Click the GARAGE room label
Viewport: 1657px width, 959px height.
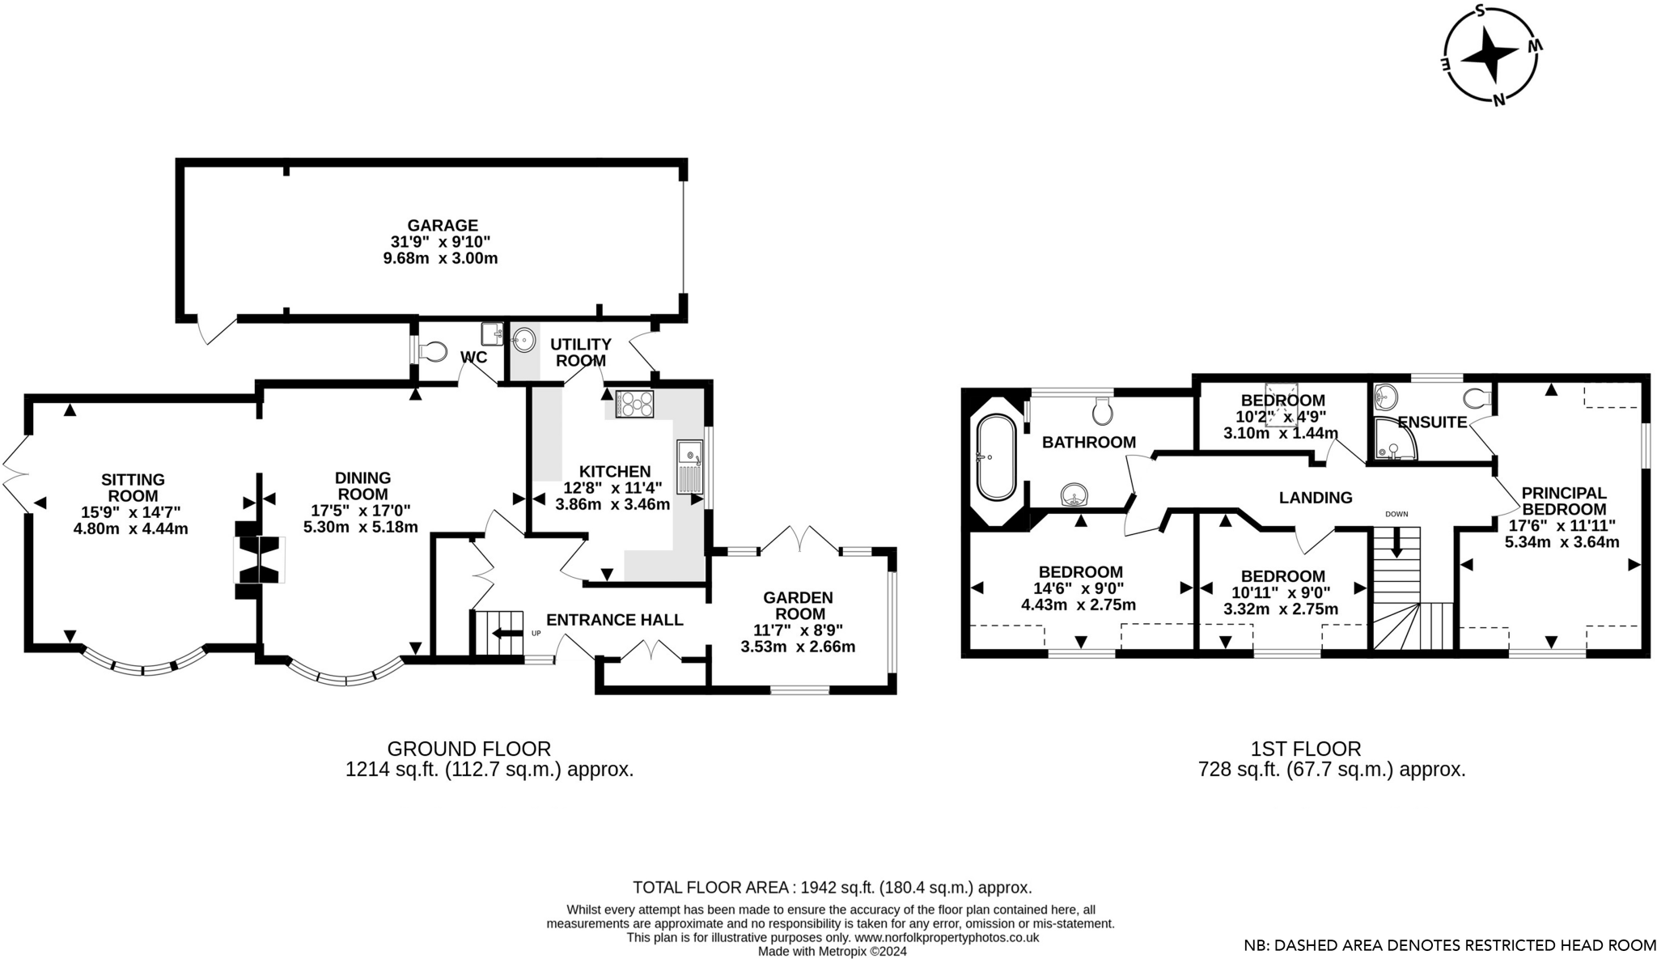tap(442, 226)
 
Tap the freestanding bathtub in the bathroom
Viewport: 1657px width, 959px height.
tap(996, 457)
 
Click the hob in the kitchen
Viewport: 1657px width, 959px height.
tap(634, 404)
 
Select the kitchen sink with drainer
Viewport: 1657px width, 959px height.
tap(690, 467)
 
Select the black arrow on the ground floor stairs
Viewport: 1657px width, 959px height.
tap(507, 633)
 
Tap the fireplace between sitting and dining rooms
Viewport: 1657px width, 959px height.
tap(259, 559)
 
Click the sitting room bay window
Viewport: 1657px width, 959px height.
tap(143, 664)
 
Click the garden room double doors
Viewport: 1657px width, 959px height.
tap(799, 539)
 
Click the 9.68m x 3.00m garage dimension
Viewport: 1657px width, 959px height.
tap(440, 259)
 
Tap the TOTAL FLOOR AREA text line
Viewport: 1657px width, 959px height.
tap(832, 887)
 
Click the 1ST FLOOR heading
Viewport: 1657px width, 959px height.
tap(1306, 749)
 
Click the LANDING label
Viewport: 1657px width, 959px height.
tap(1315, 498)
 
